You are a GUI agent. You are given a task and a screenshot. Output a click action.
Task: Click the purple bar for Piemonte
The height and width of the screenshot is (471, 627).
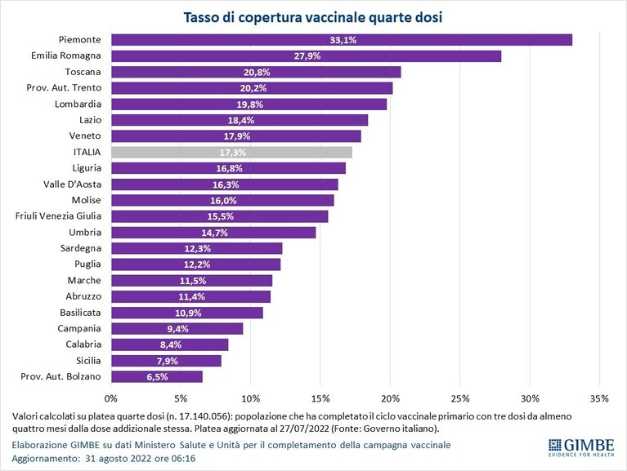point(342,40)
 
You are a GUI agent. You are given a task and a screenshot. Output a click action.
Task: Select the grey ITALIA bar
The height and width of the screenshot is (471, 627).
point(232,152)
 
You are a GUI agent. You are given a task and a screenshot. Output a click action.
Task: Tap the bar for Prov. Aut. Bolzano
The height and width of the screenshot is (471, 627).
point(157,377)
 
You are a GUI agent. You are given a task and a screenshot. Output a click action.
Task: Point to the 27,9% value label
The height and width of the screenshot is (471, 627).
point(307,56)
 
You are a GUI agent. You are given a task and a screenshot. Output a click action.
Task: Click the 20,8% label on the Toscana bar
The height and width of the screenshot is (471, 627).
point(257,73)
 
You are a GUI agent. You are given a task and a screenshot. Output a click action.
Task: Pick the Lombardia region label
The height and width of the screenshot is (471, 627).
point(78,104)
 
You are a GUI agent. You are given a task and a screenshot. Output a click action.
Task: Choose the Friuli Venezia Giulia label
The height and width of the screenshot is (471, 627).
point(58,216)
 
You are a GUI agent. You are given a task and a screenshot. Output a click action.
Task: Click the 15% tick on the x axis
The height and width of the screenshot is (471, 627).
point(320,398)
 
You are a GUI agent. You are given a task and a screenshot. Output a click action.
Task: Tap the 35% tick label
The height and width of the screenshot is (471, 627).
point(599,398)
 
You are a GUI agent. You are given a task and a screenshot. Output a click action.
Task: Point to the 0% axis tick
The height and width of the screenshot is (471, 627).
point(111,398)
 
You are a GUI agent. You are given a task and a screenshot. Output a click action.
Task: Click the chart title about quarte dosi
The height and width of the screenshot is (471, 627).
point(313,18)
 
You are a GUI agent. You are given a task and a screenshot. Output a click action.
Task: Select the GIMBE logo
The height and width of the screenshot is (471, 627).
point(581,447)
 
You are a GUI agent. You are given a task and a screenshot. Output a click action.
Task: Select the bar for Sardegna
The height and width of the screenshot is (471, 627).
point(197,248)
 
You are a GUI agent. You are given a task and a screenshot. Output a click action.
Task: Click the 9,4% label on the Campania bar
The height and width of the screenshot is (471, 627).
point(177,329)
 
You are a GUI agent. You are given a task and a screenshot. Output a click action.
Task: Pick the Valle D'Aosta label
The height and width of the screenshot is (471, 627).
point(73,184)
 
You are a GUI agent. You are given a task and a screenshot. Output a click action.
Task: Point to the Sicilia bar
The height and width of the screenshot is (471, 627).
point(166,361)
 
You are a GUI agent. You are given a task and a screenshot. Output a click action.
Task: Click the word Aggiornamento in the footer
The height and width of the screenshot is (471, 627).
point(46,459)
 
